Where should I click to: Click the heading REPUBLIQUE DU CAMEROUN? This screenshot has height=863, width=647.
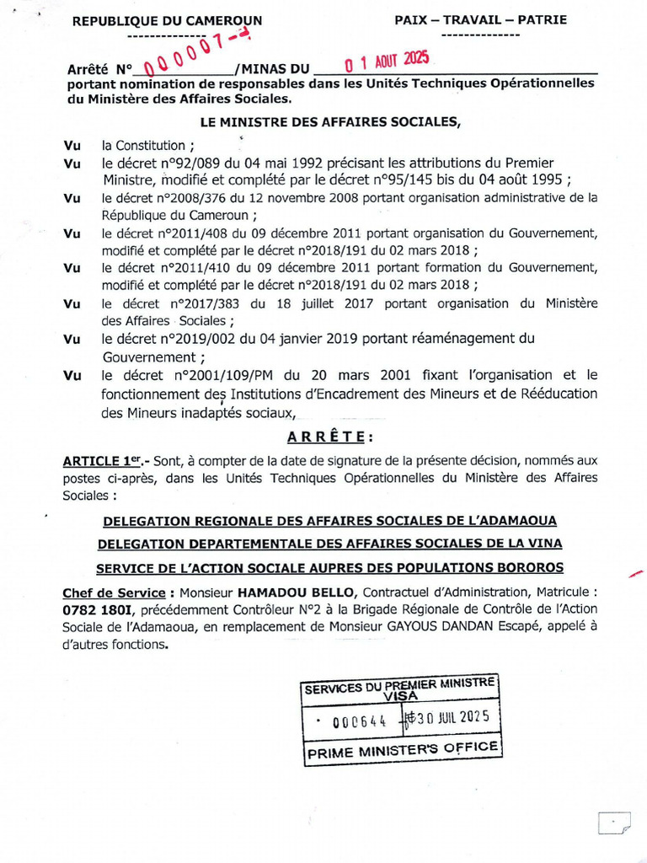coord(167,21)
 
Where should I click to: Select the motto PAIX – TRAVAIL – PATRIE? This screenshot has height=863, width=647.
coord(481,19)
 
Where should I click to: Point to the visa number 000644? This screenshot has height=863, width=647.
coord(359,721)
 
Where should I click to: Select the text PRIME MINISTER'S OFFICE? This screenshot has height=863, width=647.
coord(403,750)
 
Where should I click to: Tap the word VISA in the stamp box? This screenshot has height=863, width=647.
coord(400,697)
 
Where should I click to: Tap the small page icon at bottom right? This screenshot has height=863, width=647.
coord(612,823)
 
